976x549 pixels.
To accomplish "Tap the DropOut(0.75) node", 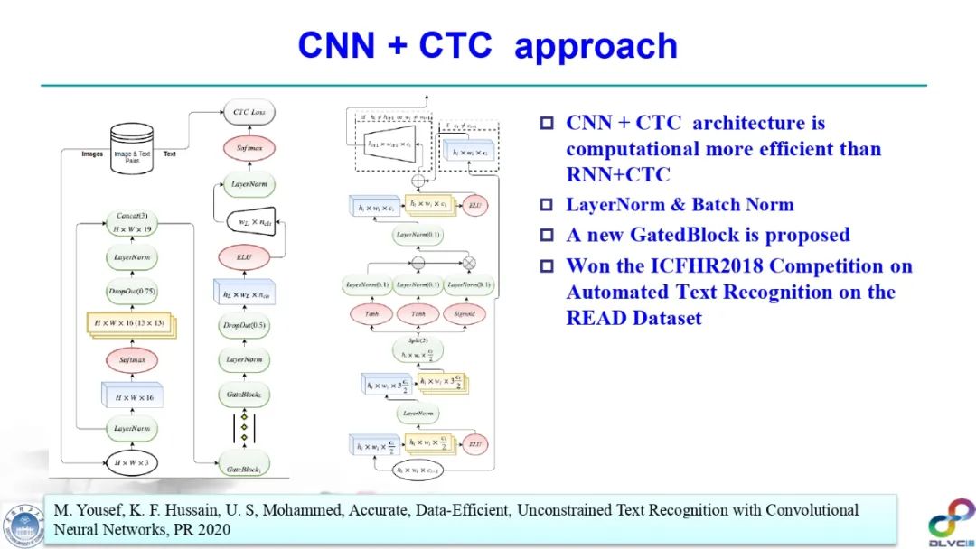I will (x=132, y=291).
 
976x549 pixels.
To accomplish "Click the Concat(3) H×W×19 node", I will (x=132, y=223).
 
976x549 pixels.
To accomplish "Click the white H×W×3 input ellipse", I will (x=132, y=463).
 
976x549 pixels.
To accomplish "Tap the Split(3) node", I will (x=418, y=349).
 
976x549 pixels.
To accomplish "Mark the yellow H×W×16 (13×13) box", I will (x=132, y=324).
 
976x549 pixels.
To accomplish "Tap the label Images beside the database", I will (x=92, y=154).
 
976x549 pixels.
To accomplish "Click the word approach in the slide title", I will (x=596, y=45).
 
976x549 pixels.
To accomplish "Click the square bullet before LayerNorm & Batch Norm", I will (x=546, y=205).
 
